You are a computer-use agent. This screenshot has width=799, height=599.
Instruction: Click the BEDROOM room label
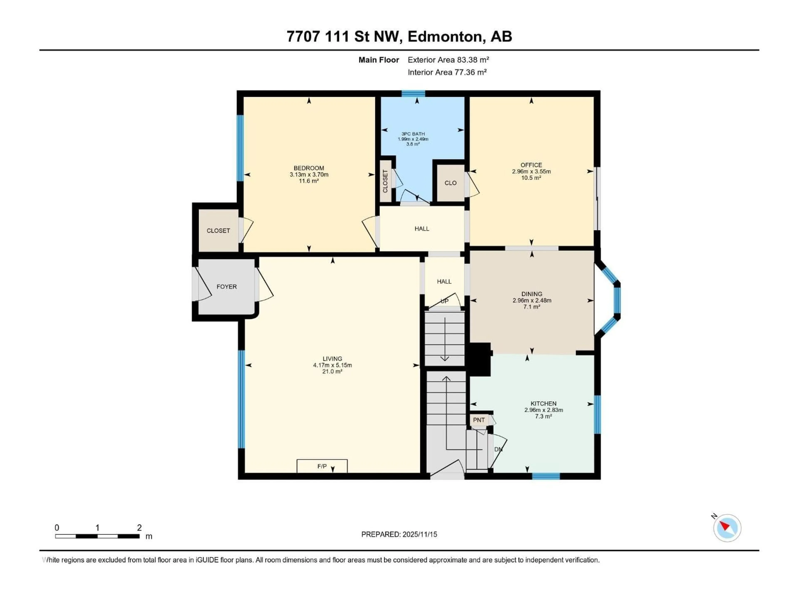coord(309,168)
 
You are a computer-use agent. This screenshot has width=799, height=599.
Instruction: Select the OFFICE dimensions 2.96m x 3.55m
coord(531,172)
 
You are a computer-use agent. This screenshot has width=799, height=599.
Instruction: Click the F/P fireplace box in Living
coord(322,466)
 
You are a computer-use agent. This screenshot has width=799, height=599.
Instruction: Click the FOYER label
coord(226,287)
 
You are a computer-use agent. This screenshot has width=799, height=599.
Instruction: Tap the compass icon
coord(727,528)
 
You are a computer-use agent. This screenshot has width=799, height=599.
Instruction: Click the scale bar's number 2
coord(139,527)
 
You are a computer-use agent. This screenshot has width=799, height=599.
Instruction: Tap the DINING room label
coord(531,294)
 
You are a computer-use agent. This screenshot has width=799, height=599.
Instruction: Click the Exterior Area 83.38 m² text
coord(448,60)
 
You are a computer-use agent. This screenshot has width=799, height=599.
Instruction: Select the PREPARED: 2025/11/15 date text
coord(399,534)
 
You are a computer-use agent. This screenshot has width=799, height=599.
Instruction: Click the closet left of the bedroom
coord(218,231)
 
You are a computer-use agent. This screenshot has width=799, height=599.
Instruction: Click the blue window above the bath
coord(413,94)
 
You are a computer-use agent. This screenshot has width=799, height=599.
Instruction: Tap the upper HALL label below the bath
coord(422,229)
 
